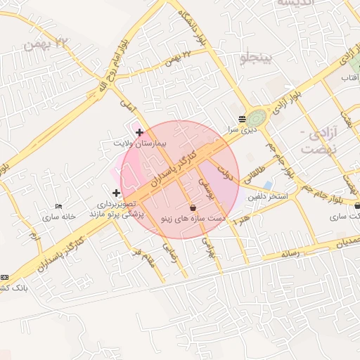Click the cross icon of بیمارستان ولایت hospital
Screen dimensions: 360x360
pos(139,132)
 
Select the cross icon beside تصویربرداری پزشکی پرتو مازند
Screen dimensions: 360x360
pos(116,193)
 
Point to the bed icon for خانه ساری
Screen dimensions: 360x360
pos(58,207)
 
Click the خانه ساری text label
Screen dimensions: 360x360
pos(58,217)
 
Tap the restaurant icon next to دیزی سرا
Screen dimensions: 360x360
pos(242,119)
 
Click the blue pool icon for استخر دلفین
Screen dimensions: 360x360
pos(267,186)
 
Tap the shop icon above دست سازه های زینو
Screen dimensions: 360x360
pos(193,208)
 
